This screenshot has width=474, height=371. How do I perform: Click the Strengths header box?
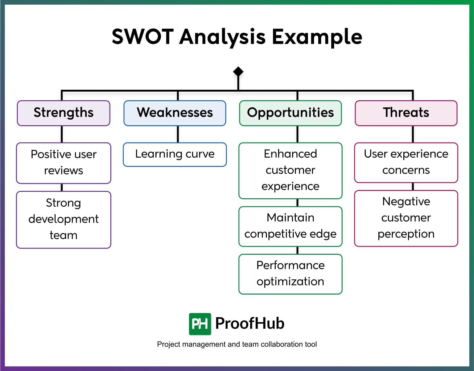pos(64,113)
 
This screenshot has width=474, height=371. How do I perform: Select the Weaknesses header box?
pos(175,113)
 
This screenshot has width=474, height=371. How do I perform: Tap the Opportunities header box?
pos(290,113)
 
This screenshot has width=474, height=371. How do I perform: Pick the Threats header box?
pos(406,113)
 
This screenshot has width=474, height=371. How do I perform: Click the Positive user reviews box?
pos(64,163)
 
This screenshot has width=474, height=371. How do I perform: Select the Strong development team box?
pos(64,220)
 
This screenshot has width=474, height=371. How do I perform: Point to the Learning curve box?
pos(175,154)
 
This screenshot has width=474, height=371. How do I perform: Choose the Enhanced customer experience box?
pos(290,171)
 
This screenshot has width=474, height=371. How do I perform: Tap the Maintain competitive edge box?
pos(290,226)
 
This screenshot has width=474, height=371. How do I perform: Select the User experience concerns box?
pos(406,162)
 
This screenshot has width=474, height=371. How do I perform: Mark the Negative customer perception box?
pos(406,218)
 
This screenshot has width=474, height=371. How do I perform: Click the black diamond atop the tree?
pos(238,72)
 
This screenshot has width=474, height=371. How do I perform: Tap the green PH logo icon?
pos(200,324)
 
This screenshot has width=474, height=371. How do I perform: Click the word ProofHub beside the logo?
pos(249,324)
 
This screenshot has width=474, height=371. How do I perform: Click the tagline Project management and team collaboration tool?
pos(237,344)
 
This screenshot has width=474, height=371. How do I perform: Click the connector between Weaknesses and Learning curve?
pos(178,134)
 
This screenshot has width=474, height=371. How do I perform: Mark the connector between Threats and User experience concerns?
pos(413,134)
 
